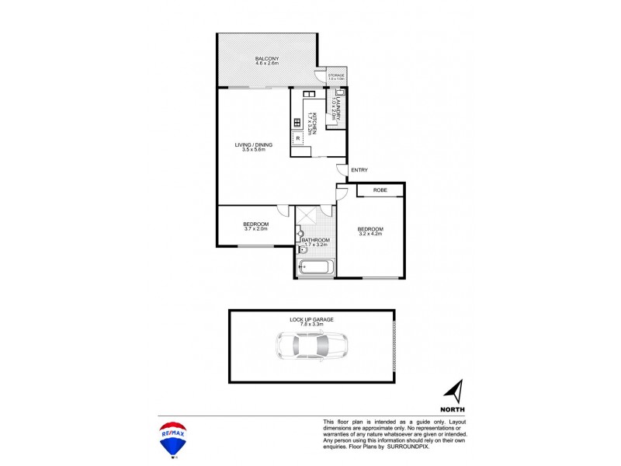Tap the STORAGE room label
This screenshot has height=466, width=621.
click(335, 75)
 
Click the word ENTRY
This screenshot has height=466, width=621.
click(359, 170)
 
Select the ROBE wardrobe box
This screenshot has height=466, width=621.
click(380, 190)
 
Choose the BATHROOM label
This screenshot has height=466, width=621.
click(315, 240)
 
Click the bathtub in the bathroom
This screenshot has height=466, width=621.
click(315, 268)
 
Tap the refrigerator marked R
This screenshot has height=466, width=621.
click(298, 139)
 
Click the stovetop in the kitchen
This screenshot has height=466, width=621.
click(297, 121)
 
